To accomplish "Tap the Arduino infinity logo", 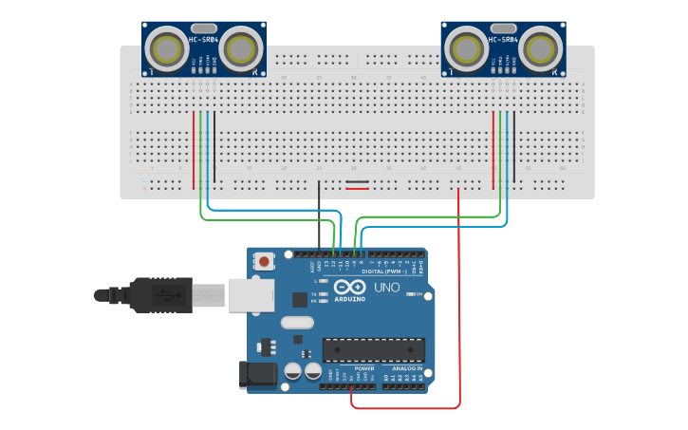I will click(x=348, y=287).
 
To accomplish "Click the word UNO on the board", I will click(x=387, y=287).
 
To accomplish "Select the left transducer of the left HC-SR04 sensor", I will click(x=169, y=47).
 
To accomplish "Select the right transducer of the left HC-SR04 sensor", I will click(x=239, y=47).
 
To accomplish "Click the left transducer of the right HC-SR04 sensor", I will click(x=468, y=47).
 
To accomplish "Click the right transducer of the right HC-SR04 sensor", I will click(x=539, y=47).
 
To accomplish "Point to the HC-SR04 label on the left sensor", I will click(x=204, y=41).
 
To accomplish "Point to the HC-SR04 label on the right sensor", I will click(x=503, y=41).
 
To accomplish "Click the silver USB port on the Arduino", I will click(x=251, y=295).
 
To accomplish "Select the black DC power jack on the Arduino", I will click(x=257, y=374).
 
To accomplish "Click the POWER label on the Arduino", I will click(x=364, y=368).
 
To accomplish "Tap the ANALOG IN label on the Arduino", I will click(x=407, y=368).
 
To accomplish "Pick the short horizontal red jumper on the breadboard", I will click(x=358, y=188).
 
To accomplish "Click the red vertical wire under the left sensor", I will click(x=194, y=149).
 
